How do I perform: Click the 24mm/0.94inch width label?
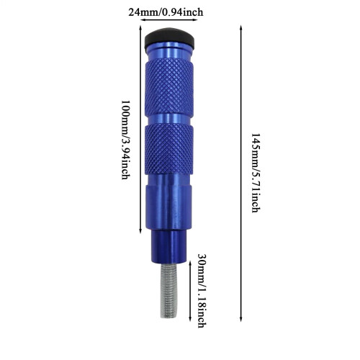166,12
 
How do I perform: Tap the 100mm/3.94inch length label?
125,140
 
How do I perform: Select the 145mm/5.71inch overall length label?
256,173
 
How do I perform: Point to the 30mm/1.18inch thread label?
202,290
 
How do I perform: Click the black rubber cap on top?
169,37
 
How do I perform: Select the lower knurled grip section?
169,149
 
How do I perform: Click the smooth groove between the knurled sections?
169,119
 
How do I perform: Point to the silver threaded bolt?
168,290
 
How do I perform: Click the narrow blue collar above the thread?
168,246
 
